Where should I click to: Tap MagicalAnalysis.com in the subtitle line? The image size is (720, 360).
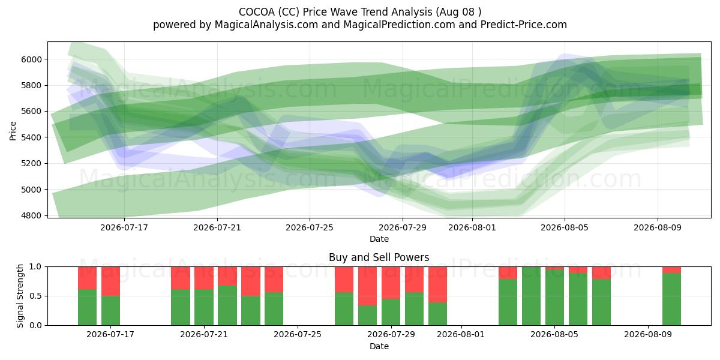tap(266, 25)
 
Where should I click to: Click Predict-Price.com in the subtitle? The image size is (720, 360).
tap(524, 25)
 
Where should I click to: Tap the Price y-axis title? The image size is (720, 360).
tap(13, 131)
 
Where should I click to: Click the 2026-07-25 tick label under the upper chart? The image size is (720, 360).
tap(310, 227)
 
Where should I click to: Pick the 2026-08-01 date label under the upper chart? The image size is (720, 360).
tap(472, 227)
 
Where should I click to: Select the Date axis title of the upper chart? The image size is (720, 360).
tap(379, 239)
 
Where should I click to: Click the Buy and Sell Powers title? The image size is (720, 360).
tap(379, 257)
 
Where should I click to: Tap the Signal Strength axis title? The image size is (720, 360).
tap(20, 296)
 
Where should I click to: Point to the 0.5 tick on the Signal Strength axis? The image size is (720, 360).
tap(35, 296)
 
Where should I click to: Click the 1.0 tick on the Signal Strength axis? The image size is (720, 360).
tap(35, 267)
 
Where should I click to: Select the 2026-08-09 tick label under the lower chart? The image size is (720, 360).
tap(648, 335)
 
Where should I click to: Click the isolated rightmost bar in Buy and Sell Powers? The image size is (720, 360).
tap(671, 296)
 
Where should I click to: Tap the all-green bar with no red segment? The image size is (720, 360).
tap(532, 296)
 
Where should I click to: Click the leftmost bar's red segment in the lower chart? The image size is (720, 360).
tap(87, 278)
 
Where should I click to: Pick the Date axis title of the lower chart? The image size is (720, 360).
tap(379, 346)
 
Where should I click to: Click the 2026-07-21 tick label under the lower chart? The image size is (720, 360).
tap(204, 335)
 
